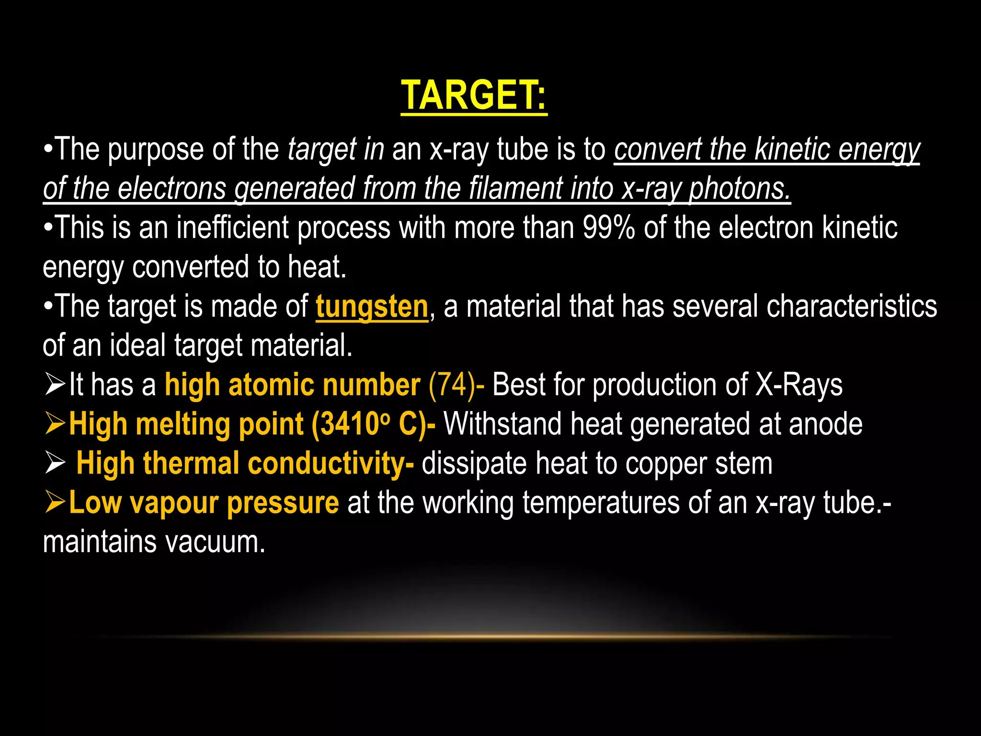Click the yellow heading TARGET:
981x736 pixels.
(474, 95)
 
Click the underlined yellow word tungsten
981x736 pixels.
(372, 307)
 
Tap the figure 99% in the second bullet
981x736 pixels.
(609, 228)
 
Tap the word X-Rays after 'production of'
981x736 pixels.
(799, 385)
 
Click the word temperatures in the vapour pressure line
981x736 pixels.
(601, 503)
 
